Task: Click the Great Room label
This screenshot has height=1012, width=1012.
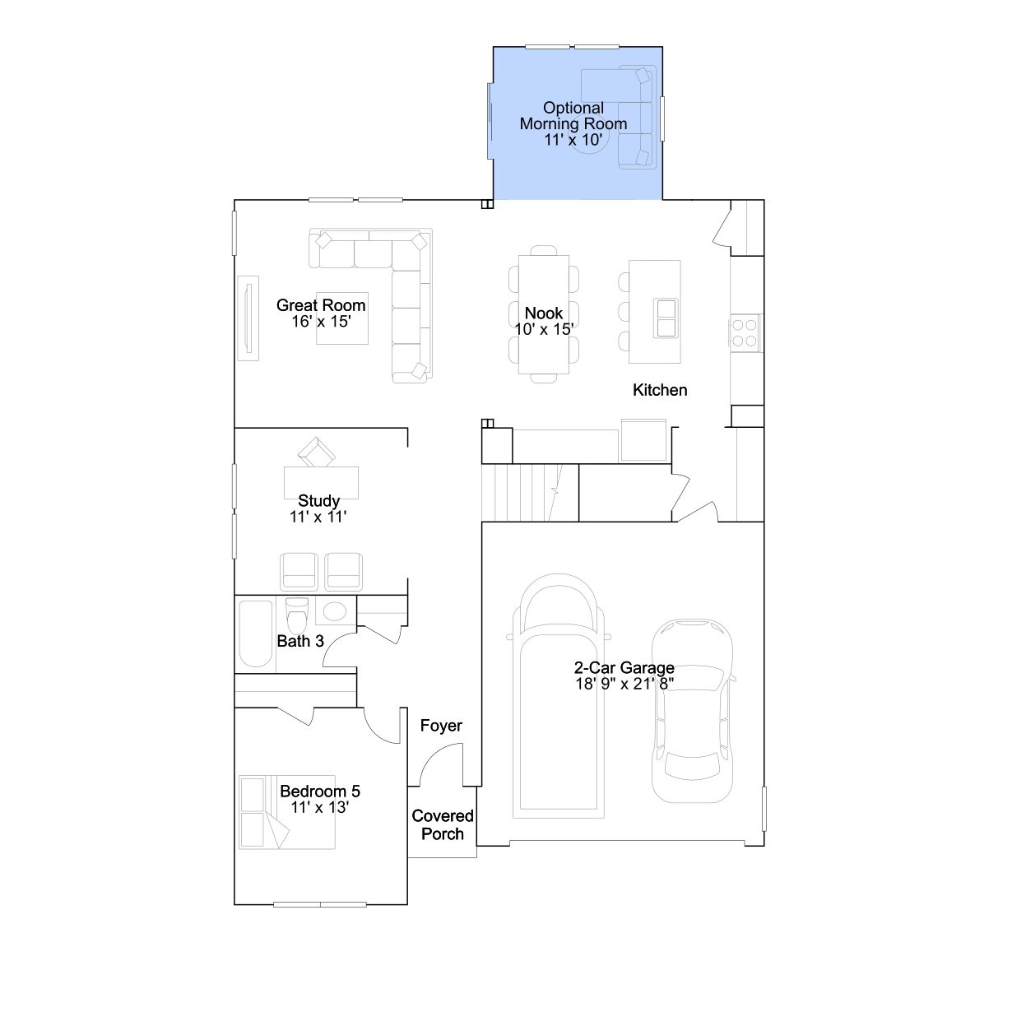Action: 321,305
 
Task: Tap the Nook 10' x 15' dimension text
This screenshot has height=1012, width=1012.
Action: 544,329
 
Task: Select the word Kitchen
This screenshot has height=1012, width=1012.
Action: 660,390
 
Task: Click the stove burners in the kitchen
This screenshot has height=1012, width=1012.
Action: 745,333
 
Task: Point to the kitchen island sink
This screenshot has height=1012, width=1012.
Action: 666,318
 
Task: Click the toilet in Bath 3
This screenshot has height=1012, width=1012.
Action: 297,615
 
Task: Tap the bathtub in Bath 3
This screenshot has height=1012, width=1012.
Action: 256,634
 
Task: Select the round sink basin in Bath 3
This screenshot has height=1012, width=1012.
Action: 334,610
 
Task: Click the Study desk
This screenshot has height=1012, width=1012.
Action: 321,482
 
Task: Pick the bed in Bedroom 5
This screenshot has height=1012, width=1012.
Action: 287,812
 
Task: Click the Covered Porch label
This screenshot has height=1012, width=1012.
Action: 442,825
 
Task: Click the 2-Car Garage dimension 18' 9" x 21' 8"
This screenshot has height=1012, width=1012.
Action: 624,684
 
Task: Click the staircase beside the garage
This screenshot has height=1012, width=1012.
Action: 530,493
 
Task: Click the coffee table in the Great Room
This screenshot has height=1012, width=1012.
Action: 342,318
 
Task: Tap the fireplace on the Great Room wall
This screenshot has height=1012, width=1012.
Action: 248,318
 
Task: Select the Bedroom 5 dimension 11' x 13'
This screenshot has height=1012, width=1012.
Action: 320,807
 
